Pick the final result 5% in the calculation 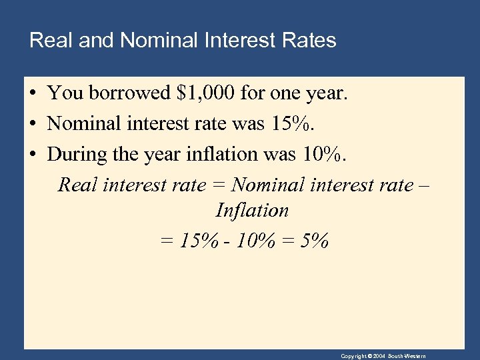(315, 240)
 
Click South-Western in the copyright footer (407, 356)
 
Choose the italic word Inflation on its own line (252, 211)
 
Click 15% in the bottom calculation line (199, 240)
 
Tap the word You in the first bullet (63, 93)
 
